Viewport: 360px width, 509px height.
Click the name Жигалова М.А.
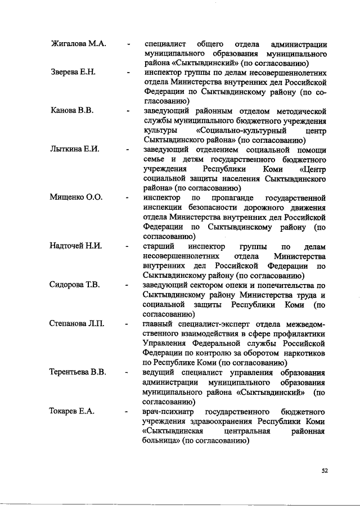click(x=79, y=43)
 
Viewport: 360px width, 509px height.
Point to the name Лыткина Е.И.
click(x=75, y=150)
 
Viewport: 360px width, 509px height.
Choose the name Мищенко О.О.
click(x=77, y=199)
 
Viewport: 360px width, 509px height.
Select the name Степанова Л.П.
click(x=79, y=324)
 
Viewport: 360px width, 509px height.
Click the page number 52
click(x=325, y=470)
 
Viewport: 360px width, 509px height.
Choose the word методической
click(x=300, y=110)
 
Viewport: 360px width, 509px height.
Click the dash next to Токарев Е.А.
click(x=129, y=412)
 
